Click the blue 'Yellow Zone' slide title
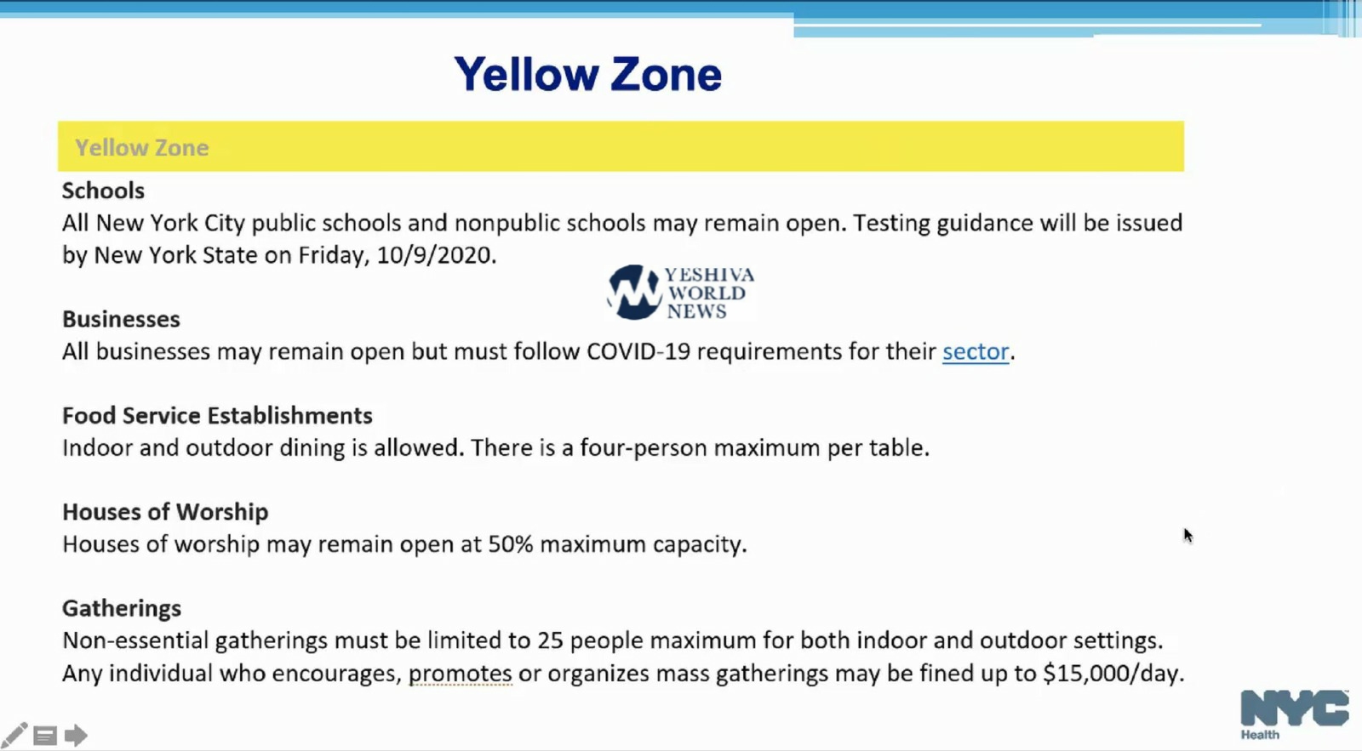pos(588,74)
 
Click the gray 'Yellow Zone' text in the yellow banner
pos(141,148)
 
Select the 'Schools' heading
pos(103,191)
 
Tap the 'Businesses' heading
pos(121,319)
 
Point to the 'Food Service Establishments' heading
pos(217,416)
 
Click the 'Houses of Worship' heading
pos(165,512)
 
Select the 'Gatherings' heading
pos(122,608)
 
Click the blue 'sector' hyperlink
pos(976,352)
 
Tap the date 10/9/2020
pos(433,255)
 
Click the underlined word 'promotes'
pos(461,674)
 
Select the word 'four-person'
pos(644,448)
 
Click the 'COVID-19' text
pos(638,352)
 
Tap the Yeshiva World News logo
pos(681,293)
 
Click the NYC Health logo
pos(1294,714)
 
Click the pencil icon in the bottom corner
pos(14,735)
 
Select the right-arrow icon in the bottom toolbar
pos(76,735)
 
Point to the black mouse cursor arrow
pos(1188,536)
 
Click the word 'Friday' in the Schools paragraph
pos(334,256)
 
